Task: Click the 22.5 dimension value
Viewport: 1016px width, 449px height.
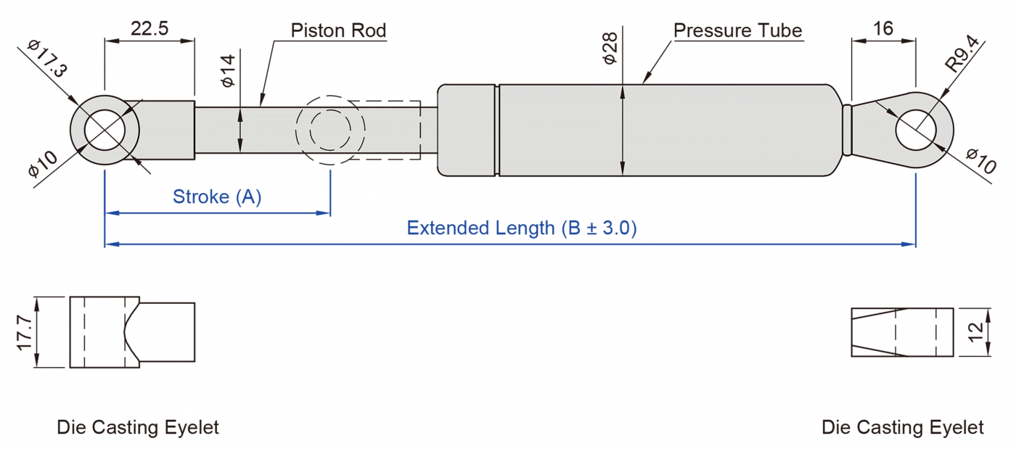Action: click(x=149, y=28)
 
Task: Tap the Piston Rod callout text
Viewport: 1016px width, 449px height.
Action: click(x=338, y=30)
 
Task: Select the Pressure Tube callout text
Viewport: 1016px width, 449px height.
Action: click(x=737, y=30)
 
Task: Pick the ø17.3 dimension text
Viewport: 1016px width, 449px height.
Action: click(x=48, y=59)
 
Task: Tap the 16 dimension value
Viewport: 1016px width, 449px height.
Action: click(x=883, y=28)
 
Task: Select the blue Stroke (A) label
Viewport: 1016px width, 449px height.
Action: click(x=217, y=197)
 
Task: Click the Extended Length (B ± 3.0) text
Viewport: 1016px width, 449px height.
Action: click(x=521, y=228)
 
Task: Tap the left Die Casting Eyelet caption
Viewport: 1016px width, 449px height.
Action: click(x=138, y=427)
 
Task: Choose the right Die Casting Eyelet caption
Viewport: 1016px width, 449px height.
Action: click(x=903, y=427)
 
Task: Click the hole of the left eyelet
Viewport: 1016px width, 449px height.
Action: click(x=112, y=131)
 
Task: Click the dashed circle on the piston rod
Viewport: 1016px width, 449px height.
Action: click(x=329, y=131)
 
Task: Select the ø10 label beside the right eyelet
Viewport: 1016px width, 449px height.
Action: click(x=982, y=160)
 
